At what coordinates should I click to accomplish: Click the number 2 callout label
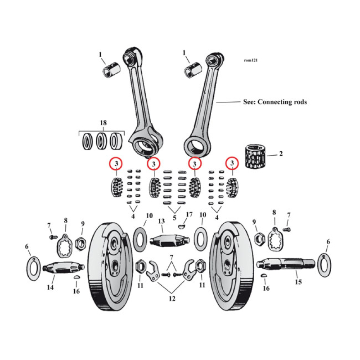[281, 154]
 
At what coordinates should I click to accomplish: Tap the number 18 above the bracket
[103, 123]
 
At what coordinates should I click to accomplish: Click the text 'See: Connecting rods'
[274, 102]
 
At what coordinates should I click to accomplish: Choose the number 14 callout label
[51, 288]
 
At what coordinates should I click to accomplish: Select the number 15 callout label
[298, 282]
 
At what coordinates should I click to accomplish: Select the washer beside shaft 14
[33, 269]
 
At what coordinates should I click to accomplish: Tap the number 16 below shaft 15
[266, 288]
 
